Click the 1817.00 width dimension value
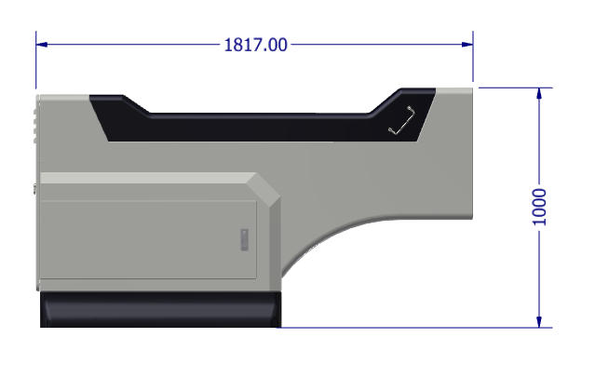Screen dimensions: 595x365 pyautogui.click(x=255, y=45)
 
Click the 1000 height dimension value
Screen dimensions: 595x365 pyautogui.click(x=539, y=207)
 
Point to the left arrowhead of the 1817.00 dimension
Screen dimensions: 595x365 pyautogui.click(x=41, y=45)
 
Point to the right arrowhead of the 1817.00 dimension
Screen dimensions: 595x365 pyautogui.click(x=467, y=45)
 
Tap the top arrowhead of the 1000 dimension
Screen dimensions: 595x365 pyautogui.click(x=539, y=93)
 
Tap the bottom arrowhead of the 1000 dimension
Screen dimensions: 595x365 pyautogui.click(x=539, y=322)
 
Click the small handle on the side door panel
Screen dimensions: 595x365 pyautogui.click(x=245, y=240)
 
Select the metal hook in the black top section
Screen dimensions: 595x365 pyautogui.click(x=402, y=120)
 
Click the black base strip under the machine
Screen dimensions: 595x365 pyautogui.click(x=160, y=309)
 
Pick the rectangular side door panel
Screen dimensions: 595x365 pyautogui.click(x=148, y=239)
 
